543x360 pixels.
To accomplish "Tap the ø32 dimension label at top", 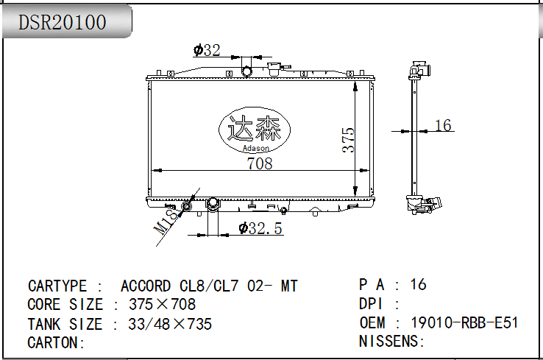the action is [207, 50].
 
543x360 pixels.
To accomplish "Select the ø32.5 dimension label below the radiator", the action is [260, 228].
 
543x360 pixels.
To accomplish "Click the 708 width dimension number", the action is [260, 163].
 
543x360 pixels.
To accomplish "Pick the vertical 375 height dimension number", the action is [348, 140].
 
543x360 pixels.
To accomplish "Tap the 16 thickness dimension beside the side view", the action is [443, 125].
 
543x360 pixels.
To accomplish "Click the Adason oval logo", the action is [255, 130].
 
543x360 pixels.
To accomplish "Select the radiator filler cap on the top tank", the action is [274, 68].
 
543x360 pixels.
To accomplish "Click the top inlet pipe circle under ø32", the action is [246, 71].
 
